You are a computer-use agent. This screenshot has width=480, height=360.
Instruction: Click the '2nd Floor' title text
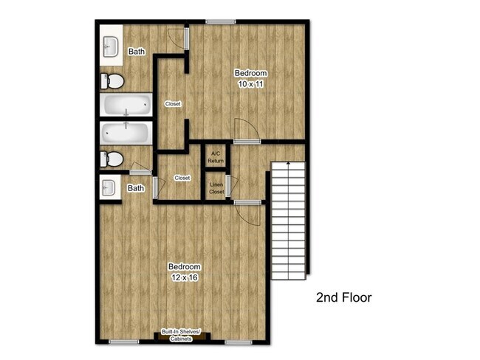(x=343, y=298)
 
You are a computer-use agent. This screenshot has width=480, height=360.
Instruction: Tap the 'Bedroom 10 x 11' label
(x=250, y=79)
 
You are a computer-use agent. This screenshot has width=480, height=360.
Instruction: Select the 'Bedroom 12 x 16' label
(x=184, y=271)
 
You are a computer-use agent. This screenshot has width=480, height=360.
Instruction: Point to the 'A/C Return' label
(x=216, y=156)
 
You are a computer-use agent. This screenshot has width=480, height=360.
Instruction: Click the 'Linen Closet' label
(x=216, y=188)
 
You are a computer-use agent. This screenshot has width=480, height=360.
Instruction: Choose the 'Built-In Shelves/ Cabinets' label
(x=182, y=336)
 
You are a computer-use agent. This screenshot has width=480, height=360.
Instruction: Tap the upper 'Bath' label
(x=137, y=52)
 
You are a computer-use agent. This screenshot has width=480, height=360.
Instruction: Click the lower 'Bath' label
(x=136, y=188)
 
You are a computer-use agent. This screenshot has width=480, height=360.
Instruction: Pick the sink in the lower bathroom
(x=109, y=187)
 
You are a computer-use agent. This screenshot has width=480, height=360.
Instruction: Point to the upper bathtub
(x=126, y=106)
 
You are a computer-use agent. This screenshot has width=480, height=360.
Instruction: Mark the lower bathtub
(x=126, y=134)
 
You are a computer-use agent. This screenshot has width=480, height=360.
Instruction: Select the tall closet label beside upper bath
(x=173, y=104)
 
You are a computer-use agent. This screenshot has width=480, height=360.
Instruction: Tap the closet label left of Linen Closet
(x=182, y=178)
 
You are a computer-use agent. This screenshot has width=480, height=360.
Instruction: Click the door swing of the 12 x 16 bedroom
(x=249, y=213)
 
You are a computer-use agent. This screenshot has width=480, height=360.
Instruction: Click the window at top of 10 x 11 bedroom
(x=216, y=21)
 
